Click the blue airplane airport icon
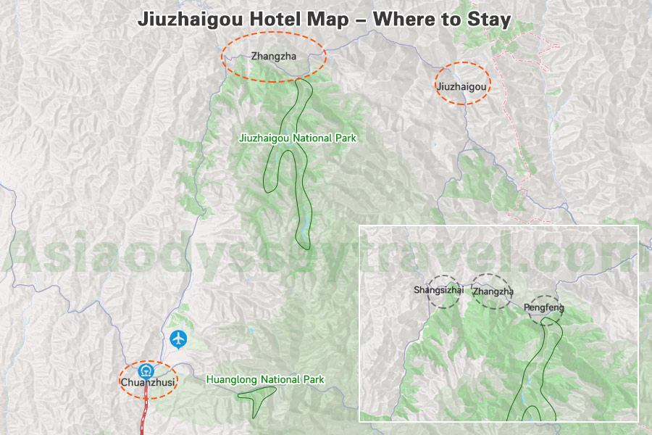[x=178, y=338]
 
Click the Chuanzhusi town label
[x=148, y=382]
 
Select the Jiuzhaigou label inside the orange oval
[x=461, y=86]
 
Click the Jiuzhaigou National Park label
[x=298, y=138]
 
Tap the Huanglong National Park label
[x=265, y=379]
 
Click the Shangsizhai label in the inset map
[x=438, y=291]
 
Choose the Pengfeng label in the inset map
[x=543, y=307]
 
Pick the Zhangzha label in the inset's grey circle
[x=493, y=292]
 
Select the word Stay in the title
[x=492, y=20]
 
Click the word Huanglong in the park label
[x=230, y=379]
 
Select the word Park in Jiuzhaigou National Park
[x=345, y=138]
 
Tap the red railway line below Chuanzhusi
[x=143, y=413]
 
